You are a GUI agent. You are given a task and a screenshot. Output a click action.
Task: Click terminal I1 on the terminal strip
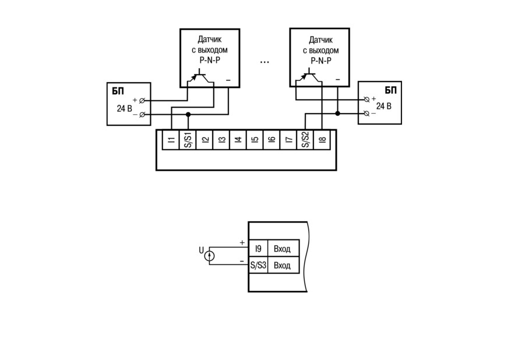[171, 140]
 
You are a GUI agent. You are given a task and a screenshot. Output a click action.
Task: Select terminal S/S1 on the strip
[188, 140]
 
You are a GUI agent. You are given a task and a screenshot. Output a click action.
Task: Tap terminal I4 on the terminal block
[238, 140]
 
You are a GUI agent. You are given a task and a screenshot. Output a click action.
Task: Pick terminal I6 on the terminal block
[272, 140]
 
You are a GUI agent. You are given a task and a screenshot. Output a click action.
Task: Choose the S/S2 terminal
[305, 140]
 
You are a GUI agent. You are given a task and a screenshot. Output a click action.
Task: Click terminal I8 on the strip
[322, 140]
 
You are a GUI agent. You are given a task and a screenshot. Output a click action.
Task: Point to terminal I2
[204, 140]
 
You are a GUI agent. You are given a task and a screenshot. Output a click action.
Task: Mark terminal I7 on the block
[288, 140]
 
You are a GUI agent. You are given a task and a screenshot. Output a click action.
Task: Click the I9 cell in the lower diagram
[258, 249]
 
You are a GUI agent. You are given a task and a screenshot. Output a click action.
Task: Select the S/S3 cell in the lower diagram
[258, 266]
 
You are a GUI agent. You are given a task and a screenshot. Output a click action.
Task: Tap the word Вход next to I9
[282, 249]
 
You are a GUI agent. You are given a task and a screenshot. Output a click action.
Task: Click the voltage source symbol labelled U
[209, 256]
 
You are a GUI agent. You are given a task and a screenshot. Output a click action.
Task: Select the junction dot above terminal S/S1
[188, 114]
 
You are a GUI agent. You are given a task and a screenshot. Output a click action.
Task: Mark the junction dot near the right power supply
[337, 114]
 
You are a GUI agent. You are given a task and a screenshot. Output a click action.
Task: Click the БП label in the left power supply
[118, 91]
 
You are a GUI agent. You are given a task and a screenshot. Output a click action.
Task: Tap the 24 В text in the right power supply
[383, 106]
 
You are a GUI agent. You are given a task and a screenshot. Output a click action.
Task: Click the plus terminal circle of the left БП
[142, 101]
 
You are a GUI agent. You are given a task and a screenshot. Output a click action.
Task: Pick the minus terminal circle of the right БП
[367, 114]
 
